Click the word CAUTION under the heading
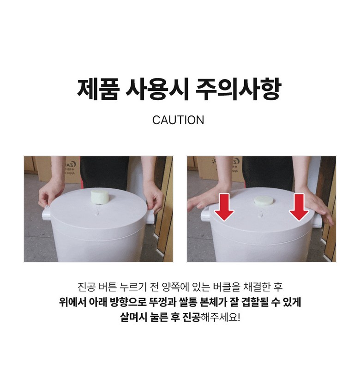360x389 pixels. pyautogui.click(x=178, y=120)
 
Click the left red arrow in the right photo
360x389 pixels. pyautogui.click(x=224, y=207)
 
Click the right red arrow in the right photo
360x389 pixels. pyautogui.click(x=299, y=207)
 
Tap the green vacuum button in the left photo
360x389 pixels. pyautogui.click(x=100, y=197)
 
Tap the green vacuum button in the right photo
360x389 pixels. pyautogui.click(x=263, y=201)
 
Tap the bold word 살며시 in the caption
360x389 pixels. pyautogui.click(x=133, y=317)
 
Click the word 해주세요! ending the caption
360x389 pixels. pyautogui.click(x=220, y=317)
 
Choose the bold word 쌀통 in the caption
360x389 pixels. pyautogui.click(x=188, y=302)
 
